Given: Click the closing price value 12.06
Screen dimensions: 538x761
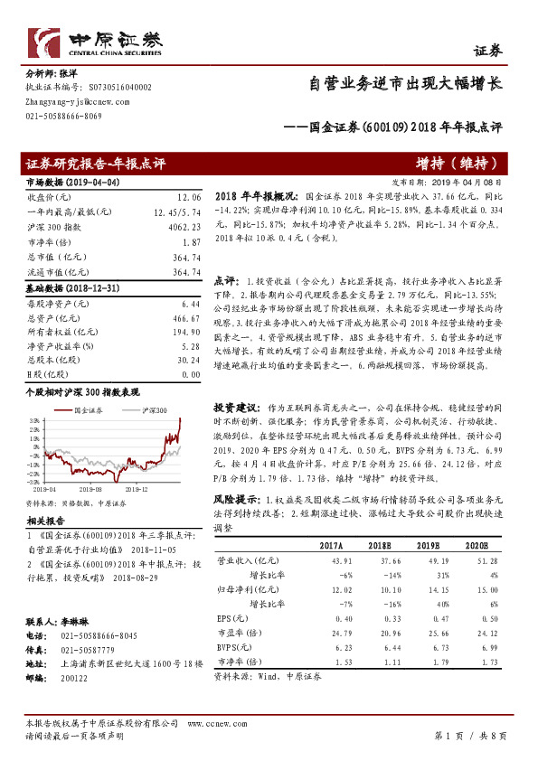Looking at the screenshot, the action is coord(187,196).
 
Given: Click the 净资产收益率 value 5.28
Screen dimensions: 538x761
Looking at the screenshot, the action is coord(190,346).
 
